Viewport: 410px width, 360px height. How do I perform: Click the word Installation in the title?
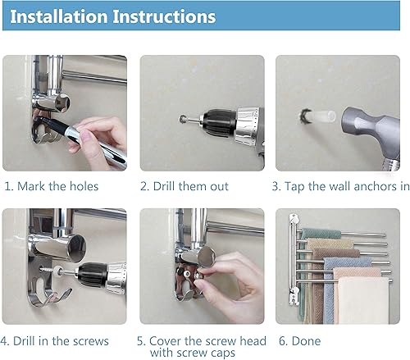click(x=58, y=16)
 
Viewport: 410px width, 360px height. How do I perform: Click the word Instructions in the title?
click(x=164, y=16)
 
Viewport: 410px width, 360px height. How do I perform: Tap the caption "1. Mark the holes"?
click(x=52, y=186)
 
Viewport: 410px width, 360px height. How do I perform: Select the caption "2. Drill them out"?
click(x=184, y=186)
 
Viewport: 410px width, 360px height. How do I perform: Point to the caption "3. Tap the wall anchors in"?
click(x=340, y=187)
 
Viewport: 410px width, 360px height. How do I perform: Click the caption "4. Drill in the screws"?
click(x=54, y=341)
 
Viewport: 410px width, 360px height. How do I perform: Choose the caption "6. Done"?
click(x=299, y=341)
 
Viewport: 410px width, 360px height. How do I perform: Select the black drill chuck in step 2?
click(x=218, y=122)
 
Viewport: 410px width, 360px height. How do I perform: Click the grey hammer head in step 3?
click(x=369, y=129)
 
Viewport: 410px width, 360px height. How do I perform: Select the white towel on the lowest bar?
click(x=363, y=300)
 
